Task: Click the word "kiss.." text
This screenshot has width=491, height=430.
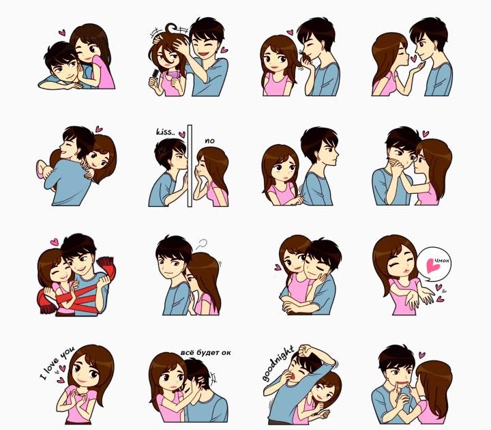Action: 164,131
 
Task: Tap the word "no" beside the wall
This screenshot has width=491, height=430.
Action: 209,141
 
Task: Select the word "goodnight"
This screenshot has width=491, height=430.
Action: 278,363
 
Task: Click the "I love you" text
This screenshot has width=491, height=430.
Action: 57,362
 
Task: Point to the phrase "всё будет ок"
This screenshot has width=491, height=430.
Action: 205,352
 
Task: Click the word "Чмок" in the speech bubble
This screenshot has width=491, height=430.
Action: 442,261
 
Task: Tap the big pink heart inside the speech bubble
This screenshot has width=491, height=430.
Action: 434,266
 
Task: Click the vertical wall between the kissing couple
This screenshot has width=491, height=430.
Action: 190,166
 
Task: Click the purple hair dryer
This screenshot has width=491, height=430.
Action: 173,76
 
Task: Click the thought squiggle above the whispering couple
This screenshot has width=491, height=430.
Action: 202,244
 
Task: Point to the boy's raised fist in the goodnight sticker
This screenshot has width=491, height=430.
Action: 306,349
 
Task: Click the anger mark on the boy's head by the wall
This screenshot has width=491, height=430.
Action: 163,151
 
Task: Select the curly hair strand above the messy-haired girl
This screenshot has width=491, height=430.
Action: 172,28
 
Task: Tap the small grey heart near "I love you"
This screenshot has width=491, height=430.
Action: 57,372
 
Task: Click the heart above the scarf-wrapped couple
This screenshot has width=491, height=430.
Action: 55,242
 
